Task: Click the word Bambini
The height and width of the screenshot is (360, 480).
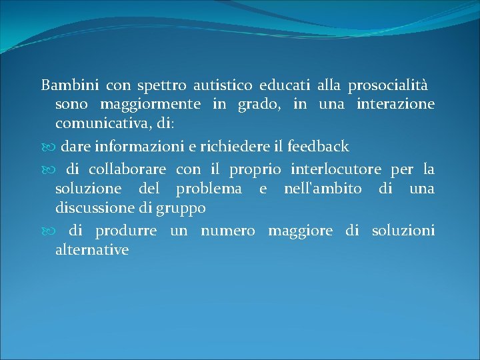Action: (70, 85)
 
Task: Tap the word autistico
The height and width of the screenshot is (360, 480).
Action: (223, 85)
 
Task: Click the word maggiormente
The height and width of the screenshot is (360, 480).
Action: (150, 105)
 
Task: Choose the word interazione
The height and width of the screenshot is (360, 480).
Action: (395, 105)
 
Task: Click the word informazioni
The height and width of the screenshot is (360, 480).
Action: (138, 147)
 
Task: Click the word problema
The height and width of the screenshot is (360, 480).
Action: (209, 189)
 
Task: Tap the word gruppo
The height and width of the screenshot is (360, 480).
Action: (181, 209)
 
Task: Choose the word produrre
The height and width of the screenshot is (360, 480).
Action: (126, 231)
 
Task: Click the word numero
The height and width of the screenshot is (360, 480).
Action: (227, 231)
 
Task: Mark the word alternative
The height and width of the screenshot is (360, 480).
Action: (92, 250)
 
